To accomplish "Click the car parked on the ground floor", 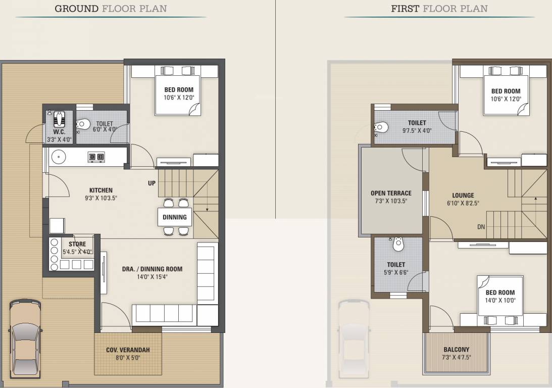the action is click(25, 338).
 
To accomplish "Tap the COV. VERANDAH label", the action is click(128, 350).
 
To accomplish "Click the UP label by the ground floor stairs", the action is click(152, 183).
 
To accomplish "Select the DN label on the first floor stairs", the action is click(481, 227).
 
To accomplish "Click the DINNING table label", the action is click(175, 217).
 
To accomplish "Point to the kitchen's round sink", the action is click(59, 157).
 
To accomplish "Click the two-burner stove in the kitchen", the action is click(96, 156).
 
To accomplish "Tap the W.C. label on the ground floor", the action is click(59, 132).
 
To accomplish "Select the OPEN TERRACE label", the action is click(391, 193).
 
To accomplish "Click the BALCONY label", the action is click(456, 350).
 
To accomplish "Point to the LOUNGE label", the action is click(463, 196).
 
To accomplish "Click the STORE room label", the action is click(77, 244).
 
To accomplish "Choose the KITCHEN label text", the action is click(101, 190).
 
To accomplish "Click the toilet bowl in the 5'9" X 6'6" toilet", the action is click(398, 244).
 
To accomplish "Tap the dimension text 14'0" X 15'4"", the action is click(152, 277).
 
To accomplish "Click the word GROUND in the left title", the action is click(76, 9).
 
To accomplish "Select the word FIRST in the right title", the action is click(405, 9).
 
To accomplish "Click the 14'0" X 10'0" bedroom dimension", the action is click(500, 300).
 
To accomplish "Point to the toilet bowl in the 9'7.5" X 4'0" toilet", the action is click(381, 127).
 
